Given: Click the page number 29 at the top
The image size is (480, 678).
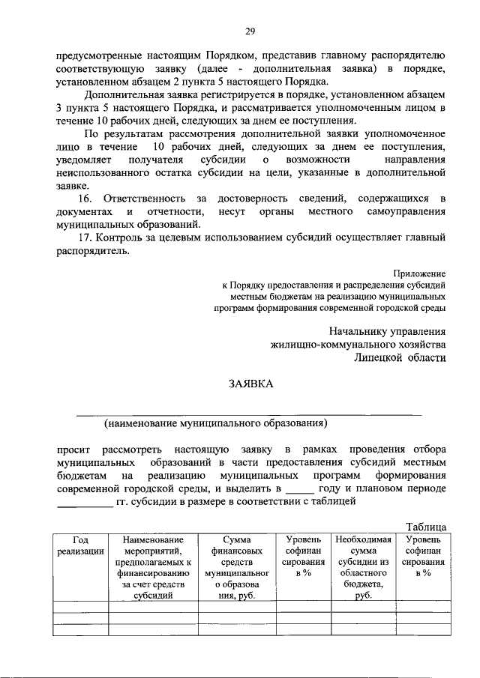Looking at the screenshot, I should (x=250, y=31).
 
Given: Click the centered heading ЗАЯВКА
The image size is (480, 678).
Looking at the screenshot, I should (x=251, y=384).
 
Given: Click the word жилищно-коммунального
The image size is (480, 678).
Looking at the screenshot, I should (x=327, y=344).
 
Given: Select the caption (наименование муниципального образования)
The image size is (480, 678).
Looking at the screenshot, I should (x=216, y=423).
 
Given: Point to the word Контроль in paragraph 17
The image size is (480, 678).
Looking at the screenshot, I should (x=121, y=238).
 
